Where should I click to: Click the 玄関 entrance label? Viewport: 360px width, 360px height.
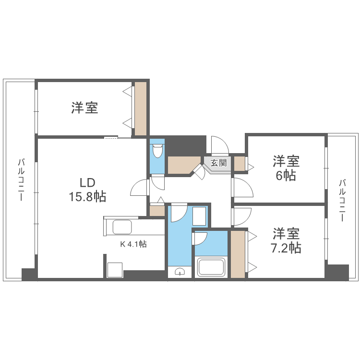[x=218, y=163]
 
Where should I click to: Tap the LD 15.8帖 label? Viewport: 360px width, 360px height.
[x=87, y=190]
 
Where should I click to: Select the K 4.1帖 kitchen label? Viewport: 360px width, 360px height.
[x=133, y=244]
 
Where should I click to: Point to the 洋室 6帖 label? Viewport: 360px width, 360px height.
[x=286, y=168]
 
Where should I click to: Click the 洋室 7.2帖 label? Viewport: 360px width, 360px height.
[x=287, y=241]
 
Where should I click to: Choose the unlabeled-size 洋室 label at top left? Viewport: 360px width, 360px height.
[x=85, y=108]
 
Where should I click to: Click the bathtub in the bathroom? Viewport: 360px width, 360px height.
[x=211, y=267]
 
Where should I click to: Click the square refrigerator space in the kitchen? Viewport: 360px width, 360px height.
[x=115, y=270]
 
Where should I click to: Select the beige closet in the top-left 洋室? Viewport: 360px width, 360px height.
[x=140, y=108]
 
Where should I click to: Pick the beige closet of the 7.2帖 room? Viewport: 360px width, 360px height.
[x=238, y=254]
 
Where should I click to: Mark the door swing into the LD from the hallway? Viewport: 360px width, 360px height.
[x=140, y=187]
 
